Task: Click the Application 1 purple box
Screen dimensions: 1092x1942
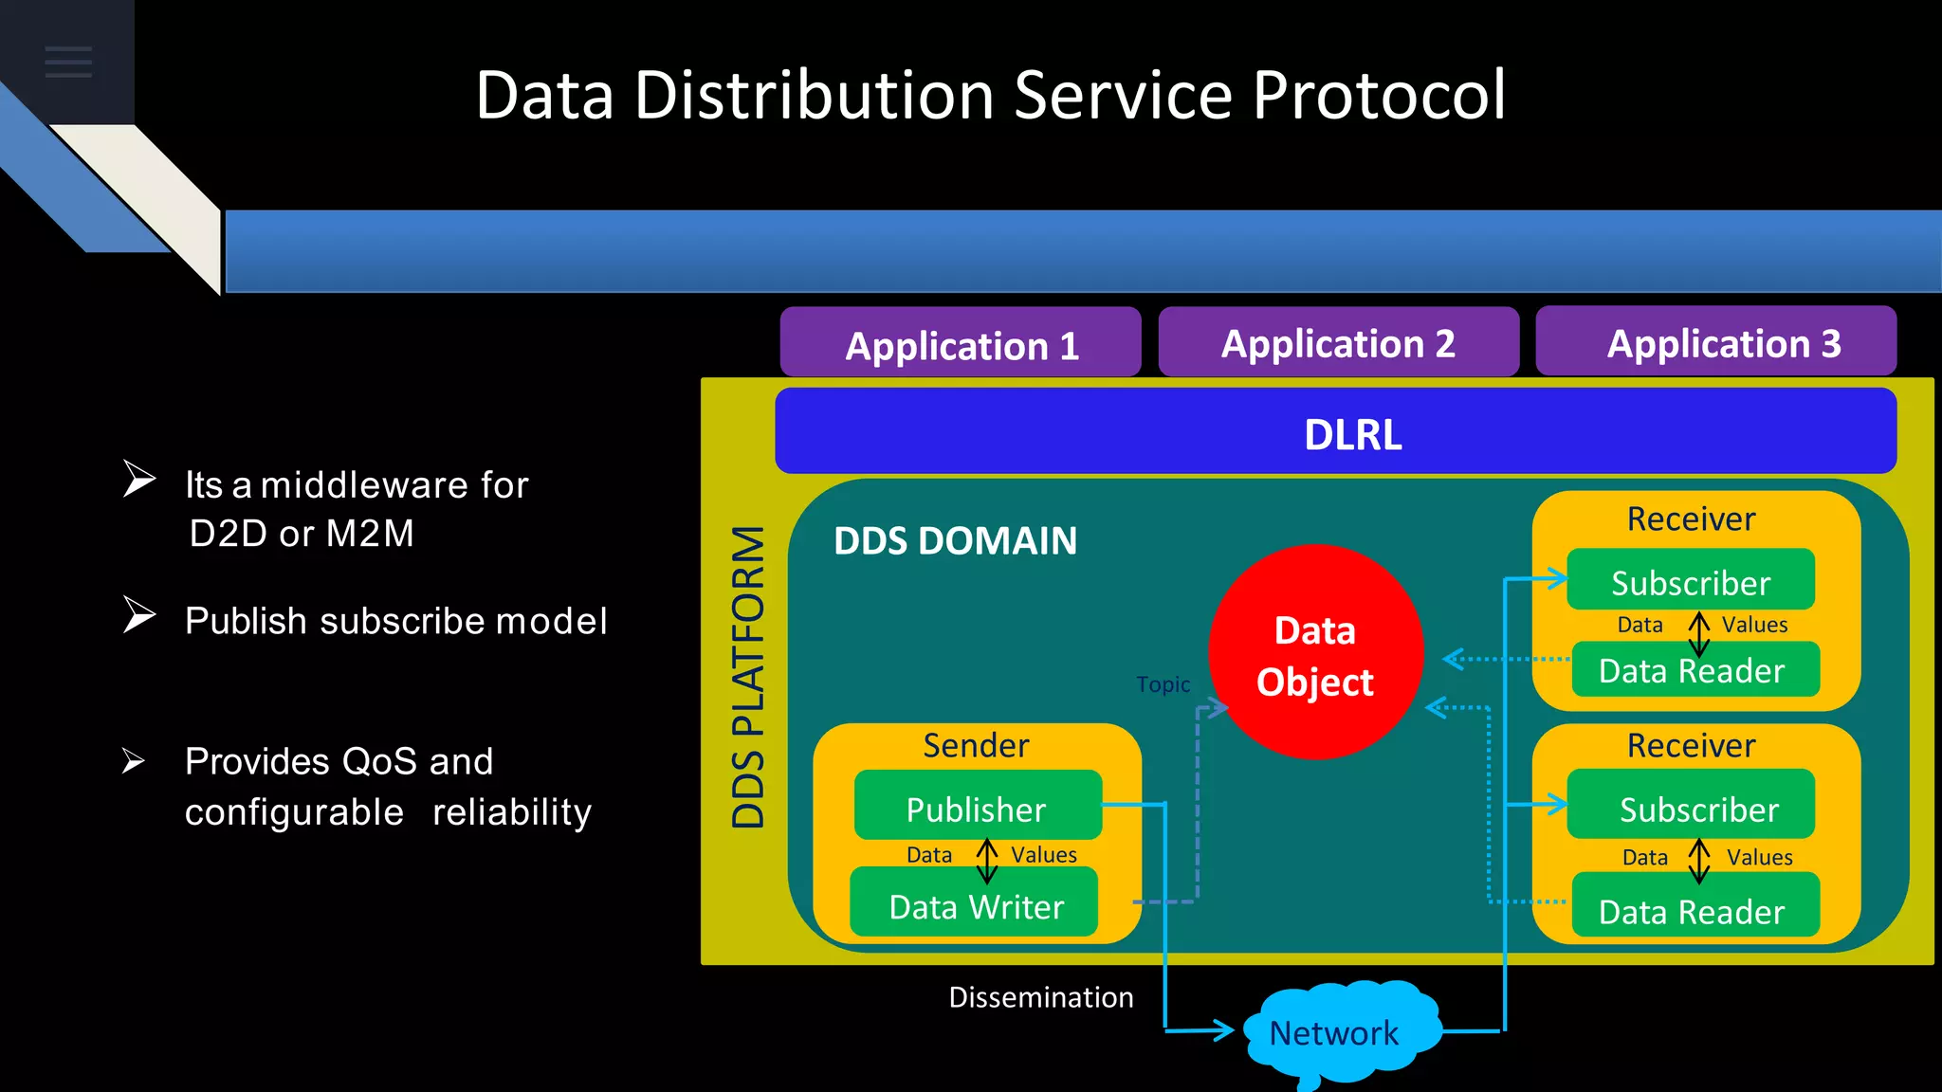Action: [961, 344]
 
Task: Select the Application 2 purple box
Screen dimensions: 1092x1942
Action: [1338, 342]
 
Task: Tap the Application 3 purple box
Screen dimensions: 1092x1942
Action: [1715, 342]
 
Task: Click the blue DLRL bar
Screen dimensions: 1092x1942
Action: [1335, 432]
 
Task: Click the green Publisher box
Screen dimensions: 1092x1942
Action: [977, 808]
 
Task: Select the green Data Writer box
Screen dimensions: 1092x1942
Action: [975, 906]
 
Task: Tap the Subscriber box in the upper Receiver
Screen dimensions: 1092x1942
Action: [1691, 580]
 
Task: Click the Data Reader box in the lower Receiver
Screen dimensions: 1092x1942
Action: [1693, 909]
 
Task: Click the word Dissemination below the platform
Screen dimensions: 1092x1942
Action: [1040, 997]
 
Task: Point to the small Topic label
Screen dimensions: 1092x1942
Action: [1163, 684]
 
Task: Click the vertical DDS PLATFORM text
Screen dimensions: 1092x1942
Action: [748, 677]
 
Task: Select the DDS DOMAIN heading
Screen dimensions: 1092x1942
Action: [955, 541]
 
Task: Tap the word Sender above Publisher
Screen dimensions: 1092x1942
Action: [976, 745]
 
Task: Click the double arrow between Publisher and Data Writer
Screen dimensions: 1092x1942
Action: [987, 860]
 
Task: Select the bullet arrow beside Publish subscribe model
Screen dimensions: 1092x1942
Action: [139, 615]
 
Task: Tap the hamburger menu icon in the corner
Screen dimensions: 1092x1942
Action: [68, 62]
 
